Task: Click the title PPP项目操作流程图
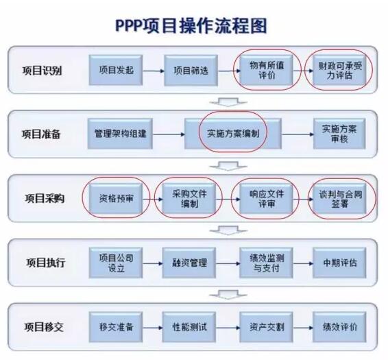tap(191, 25)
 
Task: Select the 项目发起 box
tap(116, 71)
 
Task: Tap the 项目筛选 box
tap(191, 71)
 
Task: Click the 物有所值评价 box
tap(267, 70)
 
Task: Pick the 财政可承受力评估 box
tap(339, 71)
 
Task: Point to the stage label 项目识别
tap(42, 71)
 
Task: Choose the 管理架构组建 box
tap(120, 134)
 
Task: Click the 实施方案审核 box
tap(339, 134)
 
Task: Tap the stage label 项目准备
tap(41, 134)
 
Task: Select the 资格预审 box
tap(116, 199)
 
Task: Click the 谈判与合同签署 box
tap(339, 199)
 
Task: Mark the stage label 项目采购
tap(45, 199)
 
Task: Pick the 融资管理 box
tap(189, 263)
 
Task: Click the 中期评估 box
tap(339, 263)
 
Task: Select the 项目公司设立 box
tap(116, 263)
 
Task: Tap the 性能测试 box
tap(189, 327)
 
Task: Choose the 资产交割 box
tap(267, 327)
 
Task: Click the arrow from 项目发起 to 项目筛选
tap(154, 71)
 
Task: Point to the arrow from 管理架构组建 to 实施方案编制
tap(169, 134)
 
